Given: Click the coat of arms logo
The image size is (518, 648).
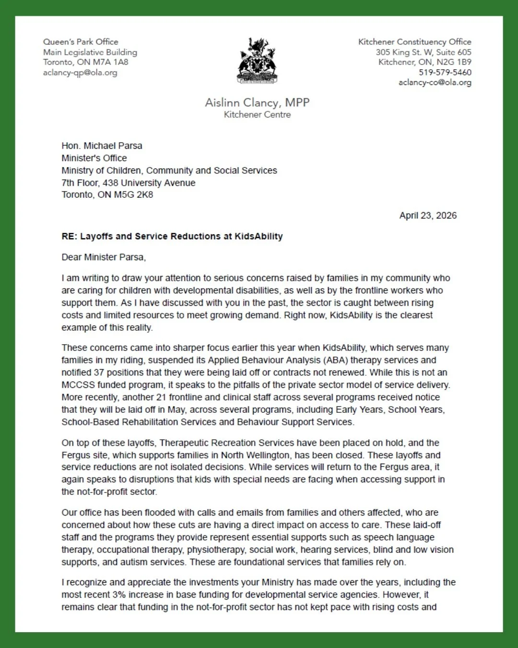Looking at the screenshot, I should pos(257,61).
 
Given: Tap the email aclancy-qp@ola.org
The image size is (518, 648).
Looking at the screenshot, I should pos(80,72).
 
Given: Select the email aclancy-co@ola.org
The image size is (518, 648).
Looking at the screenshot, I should pos(435,83).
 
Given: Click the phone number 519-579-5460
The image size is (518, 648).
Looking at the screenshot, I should pos(445,72).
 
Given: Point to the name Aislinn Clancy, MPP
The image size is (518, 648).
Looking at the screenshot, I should pos(257,102).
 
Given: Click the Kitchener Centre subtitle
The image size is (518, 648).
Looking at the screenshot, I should pos(257,115).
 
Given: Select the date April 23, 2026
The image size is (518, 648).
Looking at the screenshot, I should pos(428,216).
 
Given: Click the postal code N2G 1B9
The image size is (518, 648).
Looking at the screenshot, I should pos(454,62).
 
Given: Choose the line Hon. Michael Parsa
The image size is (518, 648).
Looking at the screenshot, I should pos(102,146).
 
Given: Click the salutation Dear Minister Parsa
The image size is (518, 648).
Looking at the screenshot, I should pos(104,257).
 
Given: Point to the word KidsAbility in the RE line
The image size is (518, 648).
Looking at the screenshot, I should pos(259,236).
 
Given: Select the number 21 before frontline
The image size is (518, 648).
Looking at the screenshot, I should pos(161,397).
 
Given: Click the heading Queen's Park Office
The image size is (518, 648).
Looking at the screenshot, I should pos(81,42).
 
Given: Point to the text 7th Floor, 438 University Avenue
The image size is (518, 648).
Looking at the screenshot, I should pos(129,183).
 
